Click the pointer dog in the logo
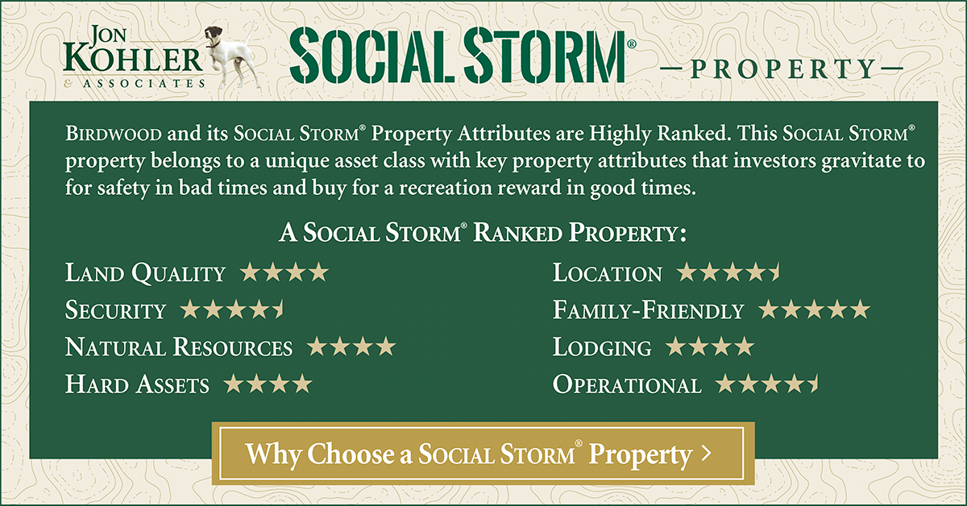click(232, 56)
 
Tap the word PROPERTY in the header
click(782, 68)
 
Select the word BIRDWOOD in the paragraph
click(113, 134)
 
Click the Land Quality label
click(145, 273)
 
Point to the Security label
click(115, 310)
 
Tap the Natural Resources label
click(179, 347)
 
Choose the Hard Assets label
click(137, 384)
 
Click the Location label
click(608, 273)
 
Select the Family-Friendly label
click(649, 310)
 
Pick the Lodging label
click(602, 348)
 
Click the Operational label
click(627, 384)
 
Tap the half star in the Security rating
click(280, 309)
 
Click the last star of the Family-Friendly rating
click(860, 309)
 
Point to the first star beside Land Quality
click(251, 272)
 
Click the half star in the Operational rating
click(814, 384)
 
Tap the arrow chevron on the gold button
click(706, 453)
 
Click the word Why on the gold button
click(273, 454)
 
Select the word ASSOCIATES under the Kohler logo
click(144, 83)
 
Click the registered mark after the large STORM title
click(632, 44)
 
